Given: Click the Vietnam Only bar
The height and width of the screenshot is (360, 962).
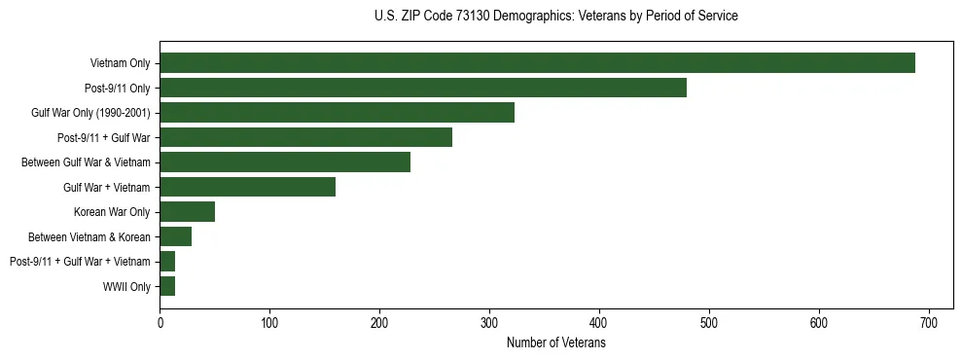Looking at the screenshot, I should click(537, 63).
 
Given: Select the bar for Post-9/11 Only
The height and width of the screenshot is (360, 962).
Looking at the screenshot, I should click(423, 88).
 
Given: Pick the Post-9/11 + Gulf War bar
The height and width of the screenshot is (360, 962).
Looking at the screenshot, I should click(305, 137).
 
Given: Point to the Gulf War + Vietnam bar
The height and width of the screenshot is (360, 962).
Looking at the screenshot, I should click(247, 187).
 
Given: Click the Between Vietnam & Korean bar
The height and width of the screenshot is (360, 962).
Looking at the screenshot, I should click(175, 236).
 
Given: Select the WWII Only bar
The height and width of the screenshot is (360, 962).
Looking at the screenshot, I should click(167, 286).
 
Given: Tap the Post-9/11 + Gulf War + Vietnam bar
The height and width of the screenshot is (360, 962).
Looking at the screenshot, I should click(167, 262).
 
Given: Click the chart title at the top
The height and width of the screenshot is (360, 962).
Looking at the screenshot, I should click(555, 17).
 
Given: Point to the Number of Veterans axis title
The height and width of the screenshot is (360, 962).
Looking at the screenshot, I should click(555, 342).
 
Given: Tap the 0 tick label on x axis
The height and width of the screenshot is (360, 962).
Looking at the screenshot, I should click(160, 323).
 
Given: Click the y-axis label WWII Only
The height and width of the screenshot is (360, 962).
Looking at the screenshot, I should click(126, 287).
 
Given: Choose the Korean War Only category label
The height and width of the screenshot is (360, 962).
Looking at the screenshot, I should click(112, 212).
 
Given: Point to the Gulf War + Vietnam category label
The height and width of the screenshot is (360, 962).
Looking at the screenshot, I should click(106, 188).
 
